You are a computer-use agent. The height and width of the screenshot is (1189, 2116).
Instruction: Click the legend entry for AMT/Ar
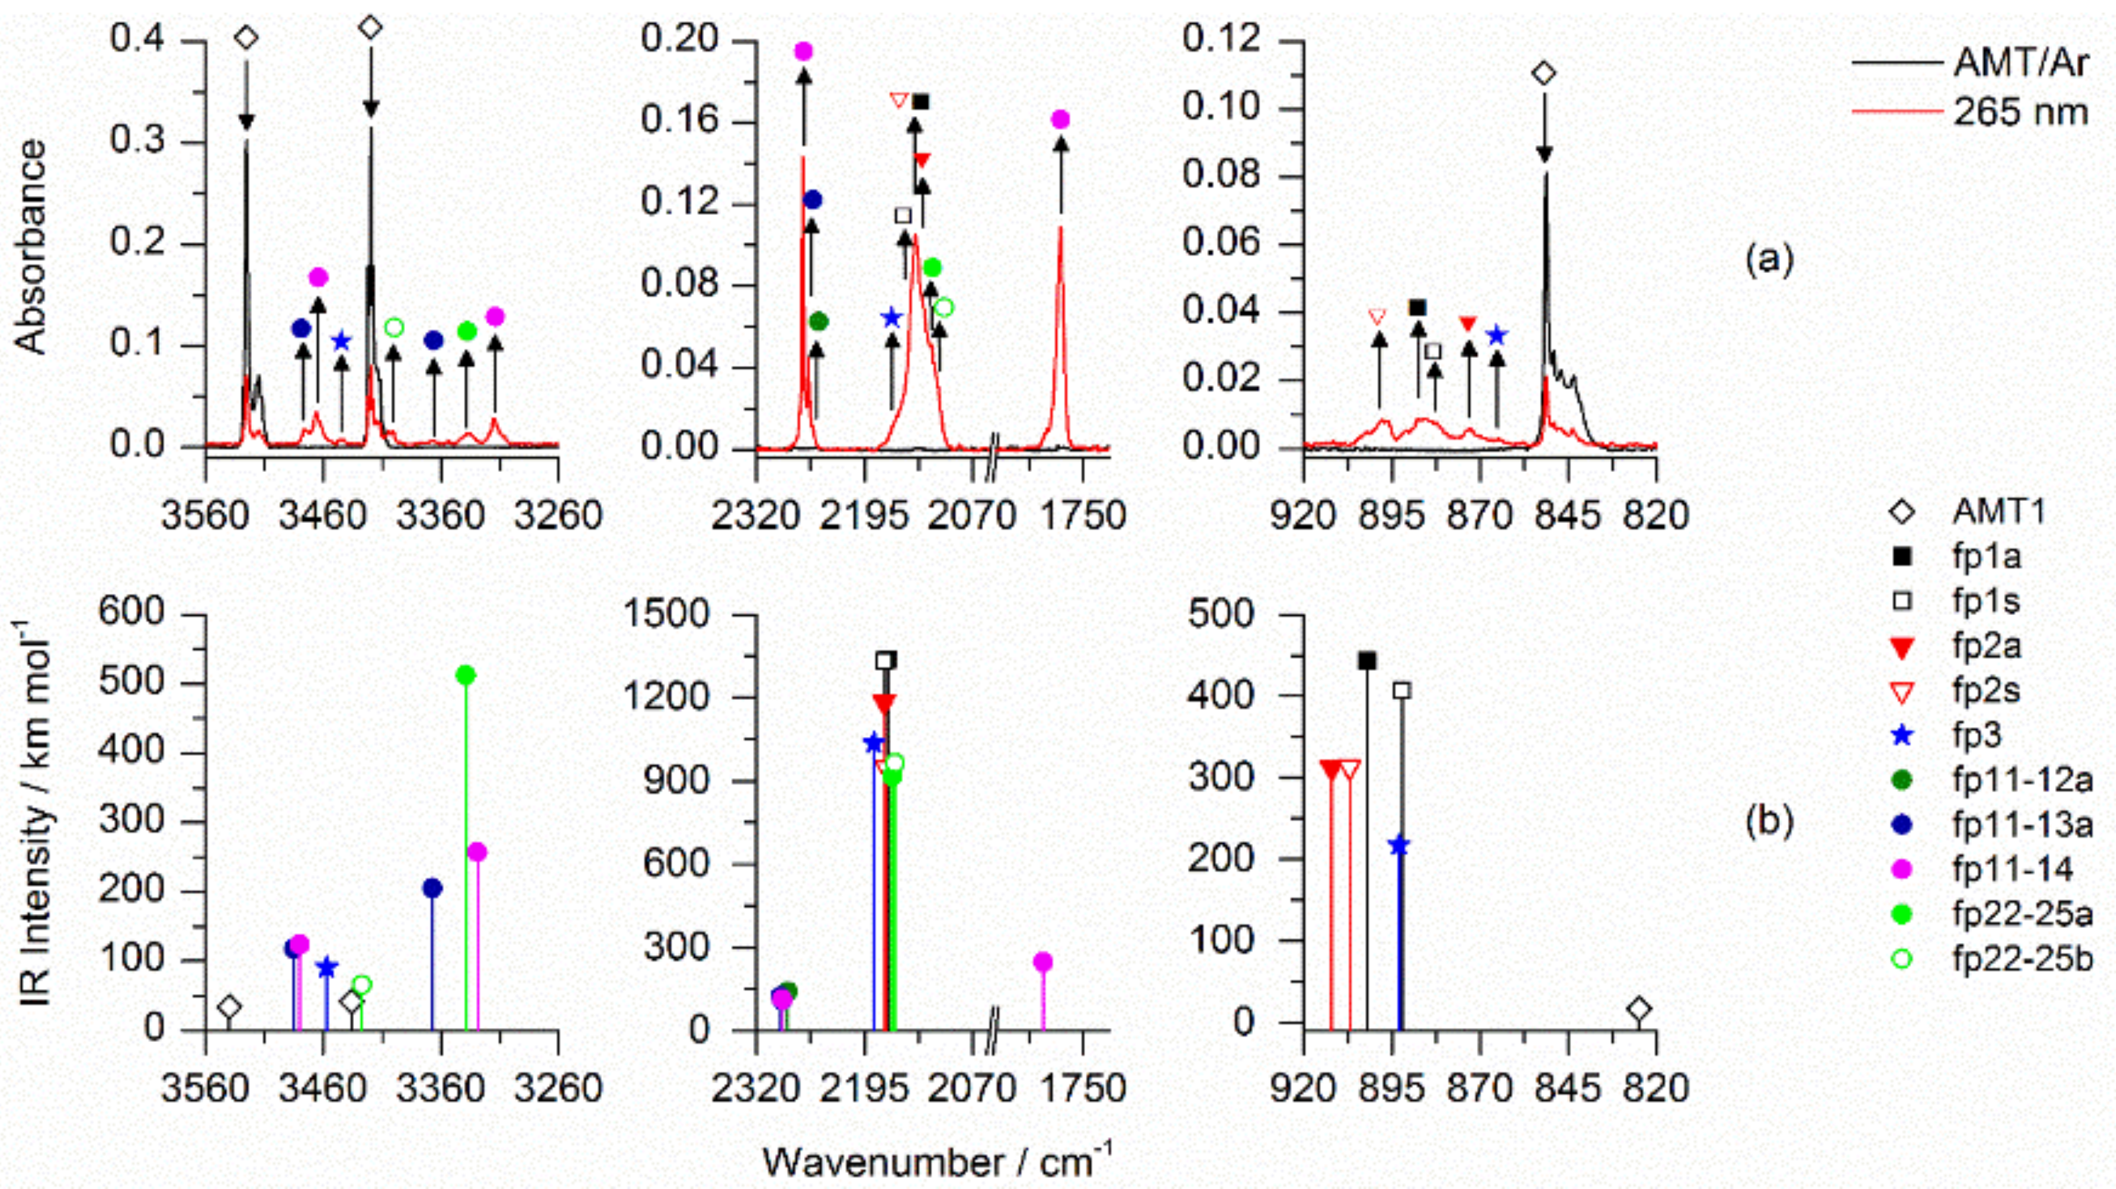(x=2020, y=62)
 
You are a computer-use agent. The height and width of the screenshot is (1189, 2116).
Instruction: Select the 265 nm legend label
(x=2020, y=111)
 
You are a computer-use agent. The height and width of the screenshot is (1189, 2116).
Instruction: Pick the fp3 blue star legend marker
(x=1903, y=736)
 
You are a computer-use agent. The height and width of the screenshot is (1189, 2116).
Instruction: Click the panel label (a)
(x=1769, y=260)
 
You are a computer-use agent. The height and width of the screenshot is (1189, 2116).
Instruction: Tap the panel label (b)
(x=1769, y=821)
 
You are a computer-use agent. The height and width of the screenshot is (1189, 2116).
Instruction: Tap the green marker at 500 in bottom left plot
(x=466, y=675)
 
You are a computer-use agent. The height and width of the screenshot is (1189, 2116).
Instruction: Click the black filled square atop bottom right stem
(x=1367, y=661)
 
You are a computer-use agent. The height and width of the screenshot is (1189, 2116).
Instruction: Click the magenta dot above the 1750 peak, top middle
(x=1061, y=120)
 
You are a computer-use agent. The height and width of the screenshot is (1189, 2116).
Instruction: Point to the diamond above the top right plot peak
(x=1545, y=74)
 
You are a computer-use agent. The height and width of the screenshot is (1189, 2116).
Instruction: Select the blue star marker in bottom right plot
(x=1398, y=846)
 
